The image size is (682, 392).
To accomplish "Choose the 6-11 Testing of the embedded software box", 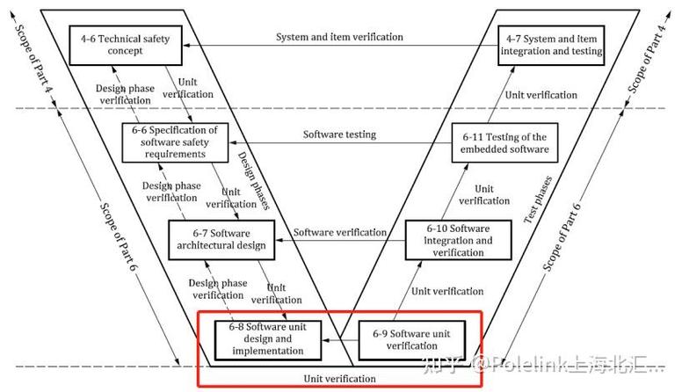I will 504,142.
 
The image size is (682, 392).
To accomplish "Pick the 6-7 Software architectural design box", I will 222,238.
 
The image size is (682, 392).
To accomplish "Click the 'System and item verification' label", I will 339,37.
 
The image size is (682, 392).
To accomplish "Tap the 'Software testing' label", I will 339,134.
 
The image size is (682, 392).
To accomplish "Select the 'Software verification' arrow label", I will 339,232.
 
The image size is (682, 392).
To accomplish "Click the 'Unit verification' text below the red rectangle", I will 340,379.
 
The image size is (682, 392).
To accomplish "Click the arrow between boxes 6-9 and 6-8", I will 337,339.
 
